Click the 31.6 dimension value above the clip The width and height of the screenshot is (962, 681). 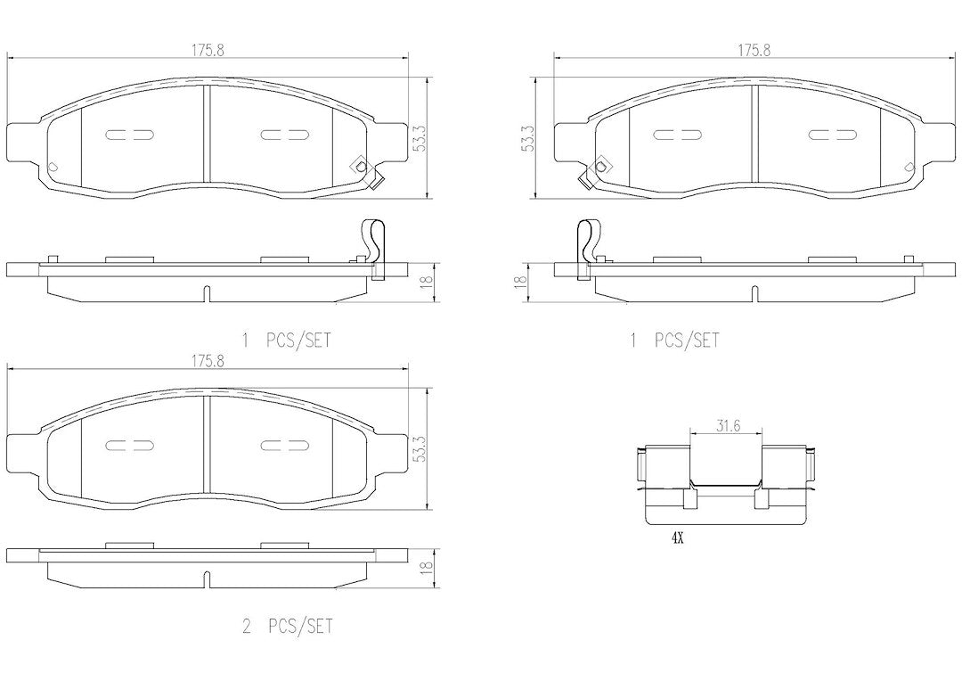[726, 426]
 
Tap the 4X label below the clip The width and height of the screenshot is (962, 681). [677, 538]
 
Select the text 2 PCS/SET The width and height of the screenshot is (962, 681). [288, 627]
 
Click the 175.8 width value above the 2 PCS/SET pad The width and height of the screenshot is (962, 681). [208, 362]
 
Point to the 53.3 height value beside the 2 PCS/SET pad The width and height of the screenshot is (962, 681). [420, 449]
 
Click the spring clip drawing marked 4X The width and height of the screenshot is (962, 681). [727, 485]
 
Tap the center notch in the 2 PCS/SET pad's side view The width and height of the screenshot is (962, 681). [207, 578]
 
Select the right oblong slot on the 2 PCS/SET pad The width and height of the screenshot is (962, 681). [283, 445]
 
